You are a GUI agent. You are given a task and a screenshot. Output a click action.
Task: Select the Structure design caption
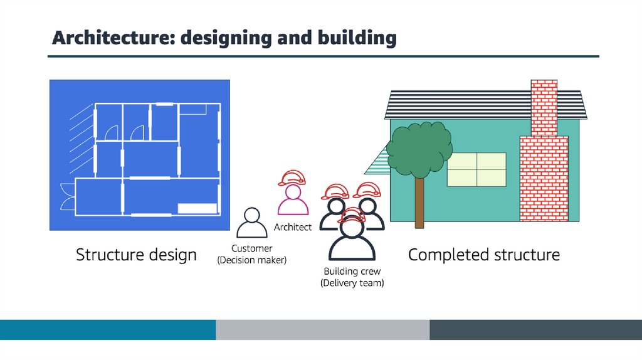tap(136, 255)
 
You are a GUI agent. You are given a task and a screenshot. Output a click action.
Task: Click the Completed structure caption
tap(484, 255)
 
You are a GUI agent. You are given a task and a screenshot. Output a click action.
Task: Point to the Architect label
tap(293, 228)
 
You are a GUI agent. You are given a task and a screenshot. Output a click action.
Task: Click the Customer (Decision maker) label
tap(251, 254)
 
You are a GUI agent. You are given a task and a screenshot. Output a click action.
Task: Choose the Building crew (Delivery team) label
tap(352, 277)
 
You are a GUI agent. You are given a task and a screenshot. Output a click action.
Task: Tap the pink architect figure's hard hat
tap(292, 177)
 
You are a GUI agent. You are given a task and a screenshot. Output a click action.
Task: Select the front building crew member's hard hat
tap(352, 216)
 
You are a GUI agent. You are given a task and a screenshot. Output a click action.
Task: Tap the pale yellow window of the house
tap(476, 169)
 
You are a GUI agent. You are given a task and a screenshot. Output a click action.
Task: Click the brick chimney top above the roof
tap(544, 107)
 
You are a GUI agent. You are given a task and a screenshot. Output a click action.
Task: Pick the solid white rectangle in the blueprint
tap(197, 209)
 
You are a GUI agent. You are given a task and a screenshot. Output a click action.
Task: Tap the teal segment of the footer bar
tap(108, 330)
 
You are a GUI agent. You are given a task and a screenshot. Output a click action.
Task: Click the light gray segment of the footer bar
tap(322, 330)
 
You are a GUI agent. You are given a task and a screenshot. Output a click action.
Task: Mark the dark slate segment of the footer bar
tap(535, 330)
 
